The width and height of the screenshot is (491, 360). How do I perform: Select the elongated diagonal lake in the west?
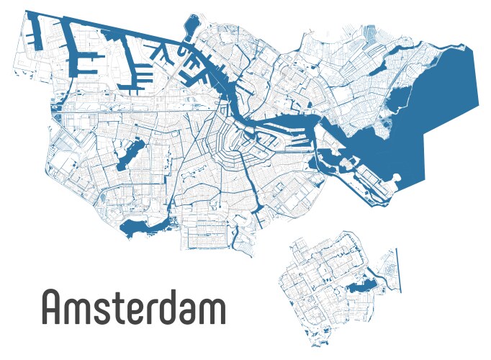[x=132, y=153]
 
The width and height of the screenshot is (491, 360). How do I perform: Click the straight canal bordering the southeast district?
[x=396, y=270]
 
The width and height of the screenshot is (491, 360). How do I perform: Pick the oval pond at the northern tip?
[x=190, y=27]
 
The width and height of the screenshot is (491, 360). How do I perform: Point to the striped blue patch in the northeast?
[x=370, y=32]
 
